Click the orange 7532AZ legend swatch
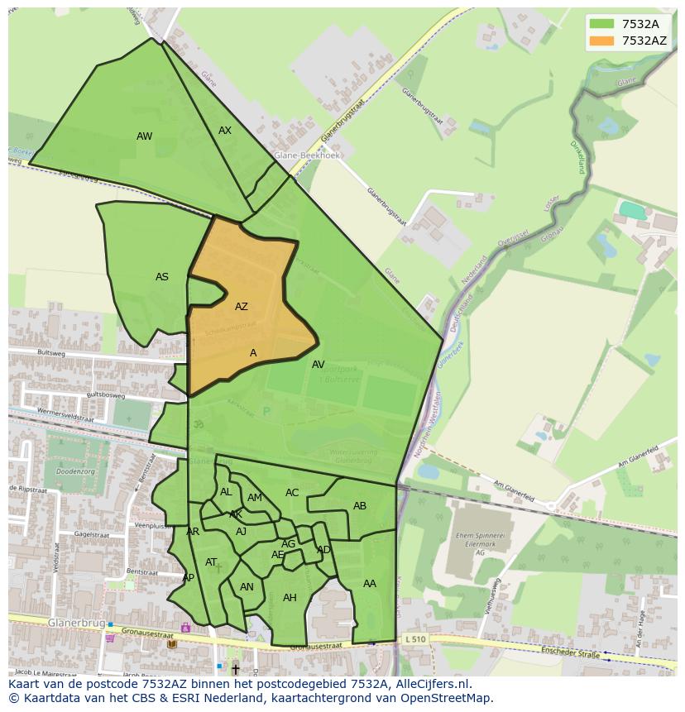[601, 41]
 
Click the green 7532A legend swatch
[601, 24]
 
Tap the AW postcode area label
[144, 136]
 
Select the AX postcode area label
[225, 131]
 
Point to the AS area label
[162, 277]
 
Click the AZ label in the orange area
[241, 307]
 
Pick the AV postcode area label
[319, 365]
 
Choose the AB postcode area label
[360, 506]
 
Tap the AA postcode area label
[370, 584]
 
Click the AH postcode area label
[290, 598]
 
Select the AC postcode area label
[292, 493]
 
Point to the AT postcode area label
[211, 562]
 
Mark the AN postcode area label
[247, 587]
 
